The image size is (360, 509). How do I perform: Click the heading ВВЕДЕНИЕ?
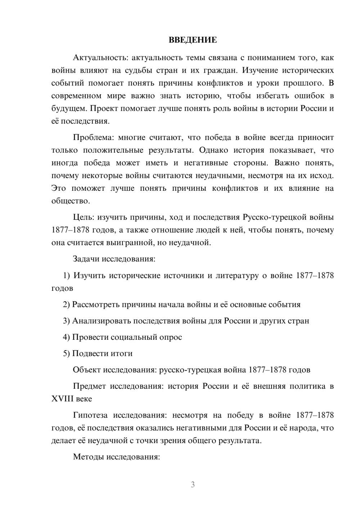193,40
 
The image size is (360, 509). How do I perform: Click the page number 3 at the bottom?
193,485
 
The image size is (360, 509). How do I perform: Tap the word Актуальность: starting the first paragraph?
100,58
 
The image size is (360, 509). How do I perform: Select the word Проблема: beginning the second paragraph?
94,138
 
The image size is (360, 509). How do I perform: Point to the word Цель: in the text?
84,217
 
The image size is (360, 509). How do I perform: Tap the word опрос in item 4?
172,337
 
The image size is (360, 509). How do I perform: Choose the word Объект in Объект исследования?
87,370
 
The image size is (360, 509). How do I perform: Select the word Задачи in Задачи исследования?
86,259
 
